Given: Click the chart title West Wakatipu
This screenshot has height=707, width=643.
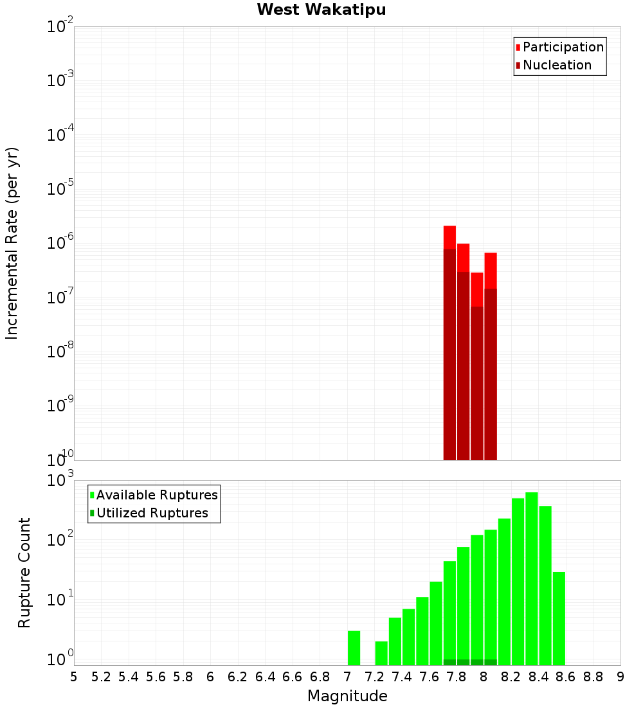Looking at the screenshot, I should click(x=321, y=10).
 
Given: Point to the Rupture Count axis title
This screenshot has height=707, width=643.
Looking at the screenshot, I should click(x=24, y=573).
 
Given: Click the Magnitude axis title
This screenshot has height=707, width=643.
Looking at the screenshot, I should click(x=347, y=696).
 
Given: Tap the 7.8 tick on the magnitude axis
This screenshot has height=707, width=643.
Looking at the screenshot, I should click(x=457, y=677).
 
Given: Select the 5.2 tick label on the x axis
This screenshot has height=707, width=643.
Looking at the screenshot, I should click(x=101, y=677).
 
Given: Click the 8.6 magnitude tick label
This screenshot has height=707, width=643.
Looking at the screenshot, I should click(x=566, y=677).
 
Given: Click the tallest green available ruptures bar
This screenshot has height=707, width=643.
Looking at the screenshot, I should click(x=532, y=578).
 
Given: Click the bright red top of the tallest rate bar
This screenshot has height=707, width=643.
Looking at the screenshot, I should click(x=449, y=237).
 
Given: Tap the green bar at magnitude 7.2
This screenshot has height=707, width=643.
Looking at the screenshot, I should click(x=381, y=653).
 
